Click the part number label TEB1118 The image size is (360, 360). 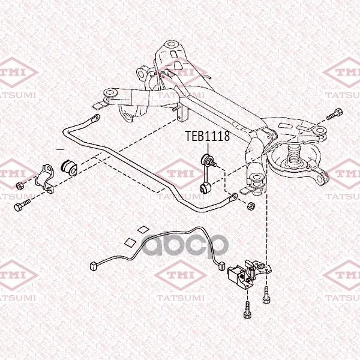(208, 136)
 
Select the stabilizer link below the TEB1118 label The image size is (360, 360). (207, 174)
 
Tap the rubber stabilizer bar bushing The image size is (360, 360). (69, 168)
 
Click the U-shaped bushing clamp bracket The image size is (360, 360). (45, 178)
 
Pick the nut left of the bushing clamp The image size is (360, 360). (20, 185)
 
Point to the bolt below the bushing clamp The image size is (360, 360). (22, 205)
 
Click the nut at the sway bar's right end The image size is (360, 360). (251, 205)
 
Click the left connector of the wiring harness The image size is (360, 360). (94, 266)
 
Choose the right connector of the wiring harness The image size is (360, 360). (221, 266)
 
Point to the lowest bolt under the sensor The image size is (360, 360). (247, 310)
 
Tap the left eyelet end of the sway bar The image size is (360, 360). (95, 119)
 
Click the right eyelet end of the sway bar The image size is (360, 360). (233, 197)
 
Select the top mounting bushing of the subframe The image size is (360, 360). (171, 44)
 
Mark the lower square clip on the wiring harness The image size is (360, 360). (130, 242)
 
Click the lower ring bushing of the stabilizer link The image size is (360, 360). (203, 189)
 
